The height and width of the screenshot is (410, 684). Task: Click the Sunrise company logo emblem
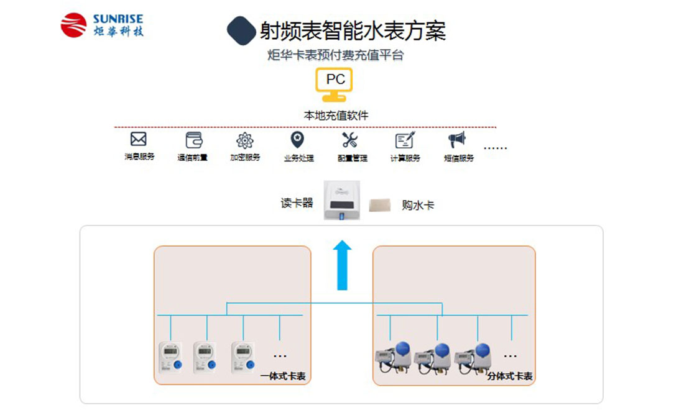73,25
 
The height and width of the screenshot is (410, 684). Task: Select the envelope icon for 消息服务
138,139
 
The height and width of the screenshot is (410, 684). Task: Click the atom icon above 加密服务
245,140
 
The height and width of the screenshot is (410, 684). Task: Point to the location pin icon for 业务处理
298,139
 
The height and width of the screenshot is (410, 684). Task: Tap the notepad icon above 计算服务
404,140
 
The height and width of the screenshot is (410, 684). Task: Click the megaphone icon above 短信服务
458,140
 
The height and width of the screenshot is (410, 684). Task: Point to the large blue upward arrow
341,266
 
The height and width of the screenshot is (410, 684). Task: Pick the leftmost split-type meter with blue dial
393,357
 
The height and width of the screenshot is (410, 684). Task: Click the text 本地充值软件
336,116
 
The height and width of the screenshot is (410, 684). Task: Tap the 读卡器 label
297,203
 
